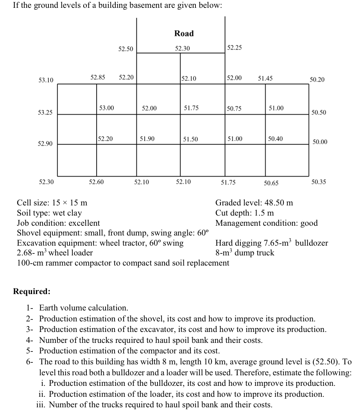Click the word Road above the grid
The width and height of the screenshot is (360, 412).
coord(184,34)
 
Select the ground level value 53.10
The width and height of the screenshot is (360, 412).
coord(46,80)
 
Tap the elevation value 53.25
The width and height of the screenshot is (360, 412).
coord(45,112)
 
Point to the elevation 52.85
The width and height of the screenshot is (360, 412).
coord(98,77)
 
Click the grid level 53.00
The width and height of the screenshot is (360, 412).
coord(106,108)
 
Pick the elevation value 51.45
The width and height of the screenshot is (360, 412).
coord(265,78)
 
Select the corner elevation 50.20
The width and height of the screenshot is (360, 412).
coord(317,79)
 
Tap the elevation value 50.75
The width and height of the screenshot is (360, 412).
coord(234,109)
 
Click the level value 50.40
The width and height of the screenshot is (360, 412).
coord(276,139)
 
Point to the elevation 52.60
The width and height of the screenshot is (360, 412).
coord(97,182)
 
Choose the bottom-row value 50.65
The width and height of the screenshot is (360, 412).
coord(271,183)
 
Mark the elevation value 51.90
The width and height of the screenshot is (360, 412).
coord(147,139)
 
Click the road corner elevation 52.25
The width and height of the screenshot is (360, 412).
coord(234,48)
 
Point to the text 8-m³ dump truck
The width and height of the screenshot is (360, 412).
coord(245,253)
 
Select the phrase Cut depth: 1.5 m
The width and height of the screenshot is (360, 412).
coord(245,213)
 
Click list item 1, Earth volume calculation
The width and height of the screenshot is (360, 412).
coord(83,309)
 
